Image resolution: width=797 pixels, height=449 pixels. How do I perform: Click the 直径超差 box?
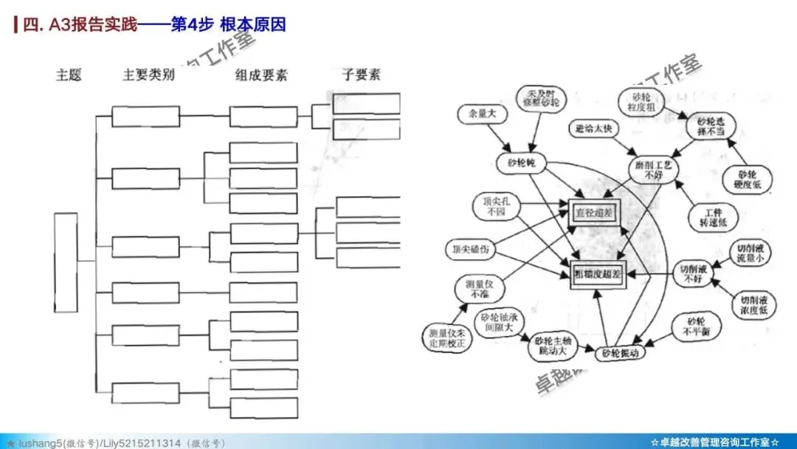(x=596, y=213)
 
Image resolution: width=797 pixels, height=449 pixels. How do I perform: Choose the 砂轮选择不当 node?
(x=706, y=126)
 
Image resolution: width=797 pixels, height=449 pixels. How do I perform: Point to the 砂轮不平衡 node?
(x=696, y=326)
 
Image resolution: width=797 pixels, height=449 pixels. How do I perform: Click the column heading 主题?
(x=69, y=75)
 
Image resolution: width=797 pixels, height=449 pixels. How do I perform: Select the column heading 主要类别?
(x=148, y=75)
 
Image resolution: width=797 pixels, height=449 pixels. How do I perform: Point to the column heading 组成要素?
(x=261, y=75)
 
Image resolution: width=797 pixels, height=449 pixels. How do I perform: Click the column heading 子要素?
(x=361, y=75)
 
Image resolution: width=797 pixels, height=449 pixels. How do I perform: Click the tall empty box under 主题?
(x=65, y=261)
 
